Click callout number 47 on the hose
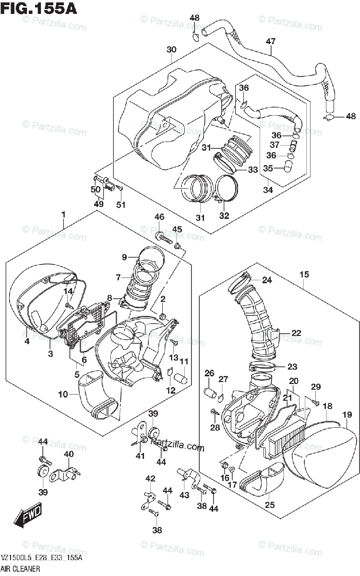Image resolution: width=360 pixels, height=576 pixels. pos(271,42)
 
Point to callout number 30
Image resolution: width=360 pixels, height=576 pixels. pos(171,50)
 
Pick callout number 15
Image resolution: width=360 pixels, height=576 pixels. pos(304,275)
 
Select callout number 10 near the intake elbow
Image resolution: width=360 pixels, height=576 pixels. pos(63,395)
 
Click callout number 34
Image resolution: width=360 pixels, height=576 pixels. pos(267,190)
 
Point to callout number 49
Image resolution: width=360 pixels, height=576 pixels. pos(98,204)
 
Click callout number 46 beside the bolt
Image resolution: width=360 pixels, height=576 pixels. pos(159,217)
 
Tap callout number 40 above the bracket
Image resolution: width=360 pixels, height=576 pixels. pos(69,454)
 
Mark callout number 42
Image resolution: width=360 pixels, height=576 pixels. pos(150,478)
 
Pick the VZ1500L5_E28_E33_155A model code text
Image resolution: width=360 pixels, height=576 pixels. pos(41,559)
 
